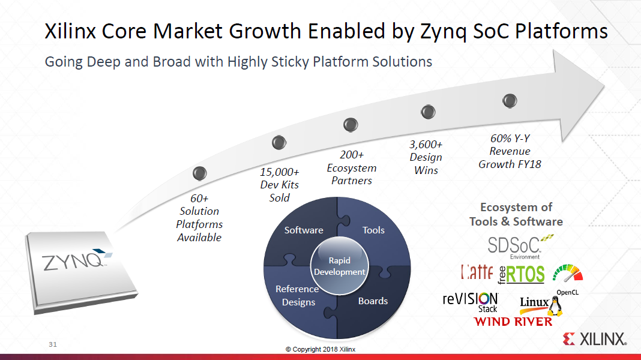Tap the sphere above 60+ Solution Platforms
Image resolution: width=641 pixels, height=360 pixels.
pyautogui.click(x=200, y=173)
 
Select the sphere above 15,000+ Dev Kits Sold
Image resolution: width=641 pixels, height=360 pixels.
pyautogui.click(x=278, y=142)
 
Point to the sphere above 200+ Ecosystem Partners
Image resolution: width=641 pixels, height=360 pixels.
pyautogui.click(x=351, y=125)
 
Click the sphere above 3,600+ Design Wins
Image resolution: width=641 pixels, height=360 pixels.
pyautogui.click(x=428, y=112)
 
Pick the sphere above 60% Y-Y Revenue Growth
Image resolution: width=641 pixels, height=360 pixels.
pyautogui.click(x=510, y=100)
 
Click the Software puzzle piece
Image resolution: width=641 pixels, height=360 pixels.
pyautogui.click(x=304, y=230)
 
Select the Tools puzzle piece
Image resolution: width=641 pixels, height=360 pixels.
pyautogui.click(x=373, y=230)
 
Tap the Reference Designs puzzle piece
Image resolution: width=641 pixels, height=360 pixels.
pyautogui.click(x=298, y=295)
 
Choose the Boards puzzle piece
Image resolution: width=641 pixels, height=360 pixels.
pyautogui.click(x=373, y=301)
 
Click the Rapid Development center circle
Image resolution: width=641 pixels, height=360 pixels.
pyautogui.click(x=339, y=266)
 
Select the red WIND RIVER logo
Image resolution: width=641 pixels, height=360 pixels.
pyautogui.click(x=513, y=322)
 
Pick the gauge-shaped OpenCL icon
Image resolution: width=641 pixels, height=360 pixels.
pyautogui.click(x=567, y=273)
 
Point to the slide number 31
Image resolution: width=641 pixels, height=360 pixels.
pyautogui.click(x=53, y=344)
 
